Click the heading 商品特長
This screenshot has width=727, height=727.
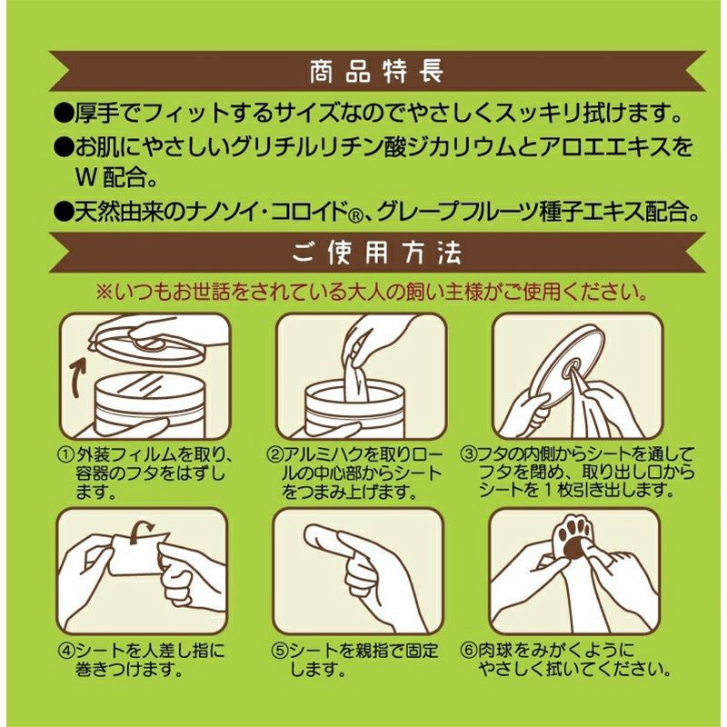tap(376, 72)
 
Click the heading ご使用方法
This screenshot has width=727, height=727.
tap(376, 253)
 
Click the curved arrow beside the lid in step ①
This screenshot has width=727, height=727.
tap(79, 367)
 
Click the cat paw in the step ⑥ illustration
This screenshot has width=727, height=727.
tap(576, 537)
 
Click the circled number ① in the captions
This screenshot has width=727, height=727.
tap(66, 453)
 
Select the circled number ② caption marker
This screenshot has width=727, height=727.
tap(274, 453)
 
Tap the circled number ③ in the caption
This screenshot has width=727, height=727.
tap(468, 453)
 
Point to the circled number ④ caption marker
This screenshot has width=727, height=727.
tap(65, 650)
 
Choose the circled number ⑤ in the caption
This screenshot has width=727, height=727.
tap(279, 651)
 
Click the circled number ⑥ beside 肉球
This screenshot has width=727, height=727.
tap(468, 650)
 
